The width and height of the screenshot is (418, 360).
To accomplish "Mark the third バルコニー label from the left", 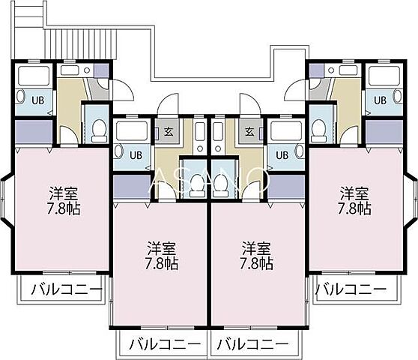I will point(252,344).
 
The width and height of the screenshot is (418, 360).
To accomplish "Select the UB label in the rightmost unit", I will point(380,98).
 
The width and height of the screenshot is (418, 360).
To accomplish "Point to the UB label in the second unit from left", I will point(136,155).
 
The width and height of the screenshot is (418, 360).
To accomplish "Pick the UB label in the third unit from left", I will point(282,155).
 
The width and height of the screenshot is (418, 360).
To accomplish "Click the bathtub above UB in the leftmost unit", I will point(32,76).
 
